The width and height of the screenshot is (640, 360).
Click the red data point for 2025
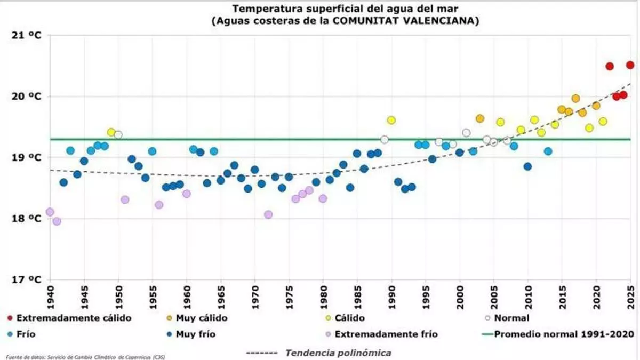click(x=630, y=65)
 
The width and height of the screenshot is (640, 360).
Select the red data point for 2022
click(x=610, y=66)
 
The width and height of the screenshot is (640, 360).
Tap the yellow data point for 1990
click(x=391, y=120)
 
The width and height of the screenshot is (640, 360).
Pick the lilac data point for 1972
click(x=268, y=214)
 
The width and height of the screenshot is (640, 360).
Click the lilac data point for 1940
click(x=50, y=212)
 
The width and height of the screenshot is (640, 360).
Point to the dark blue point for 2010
click(x=527, y=166)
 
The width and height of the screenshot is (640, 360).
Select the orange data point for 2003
click(x=479, y=118)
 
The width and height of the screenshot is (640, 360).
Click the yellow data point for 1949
click(x=111, y=132)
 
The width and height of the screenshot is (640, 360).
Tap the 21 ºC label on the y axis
click(x=26, y=35)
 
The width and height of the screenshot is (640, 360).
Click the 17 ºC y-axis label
click(x=26, y=279)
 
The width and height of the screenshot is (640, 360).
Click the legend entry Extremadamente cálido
click(x=74, y=318)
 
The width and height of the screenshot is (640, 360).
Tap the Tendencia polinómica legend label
click(x=338, y=353)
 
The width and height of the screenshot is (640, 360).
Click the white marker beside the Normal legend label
click(x=487, y=318)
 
